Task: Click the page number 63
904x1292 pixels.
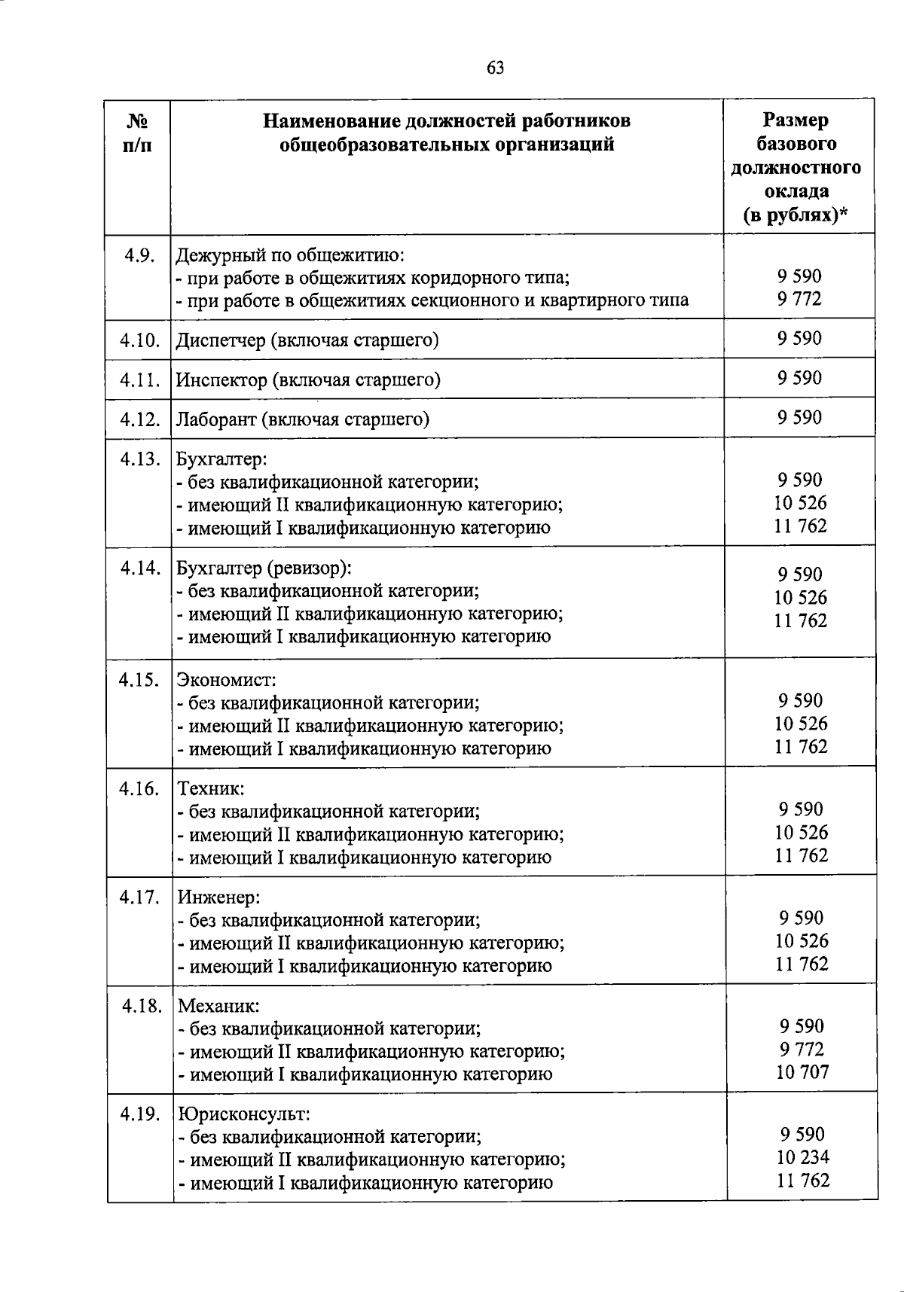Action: tap(495, 69)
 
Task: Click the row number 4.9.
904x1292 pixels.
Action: tap(140, 255)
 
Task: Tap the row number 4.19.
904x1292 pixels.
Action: tap(141, 1113)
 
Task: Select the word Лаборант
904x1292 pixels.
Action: tap(215, 419)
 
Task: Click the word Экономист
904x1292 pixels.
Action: tap(226, 680)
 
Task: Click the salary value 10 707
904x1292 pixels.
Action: tap(802, 1072)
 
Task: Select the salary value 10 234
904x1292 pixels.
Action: tap(802, 1157)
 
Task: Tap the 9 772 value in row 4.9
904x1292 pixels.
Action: tap(800, 299)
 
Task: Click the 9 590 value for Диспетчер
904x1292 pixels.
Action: tap(800, 338)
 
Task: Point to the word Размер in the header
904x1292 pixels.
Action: tap(796, 120)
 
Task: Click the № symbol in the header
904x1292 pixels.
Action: tap(137, 121)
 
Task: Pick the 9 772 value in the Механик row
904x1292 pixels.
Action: tap(802, 1049)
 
